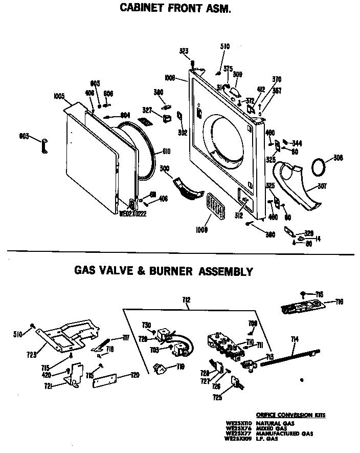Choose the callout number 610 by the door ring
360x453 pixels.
point(166,152)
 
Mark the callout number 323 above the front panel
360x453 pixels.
point(184,51)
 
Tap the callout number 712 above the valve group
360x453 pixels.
point(186,300)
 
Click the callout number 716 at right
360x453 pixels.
point(339,302)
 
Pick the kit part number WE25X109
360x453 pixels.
point(239,439)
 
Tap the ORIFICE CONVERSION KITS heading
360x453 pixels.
point(290,415)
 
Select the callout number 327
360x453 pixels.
point(147,110)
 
